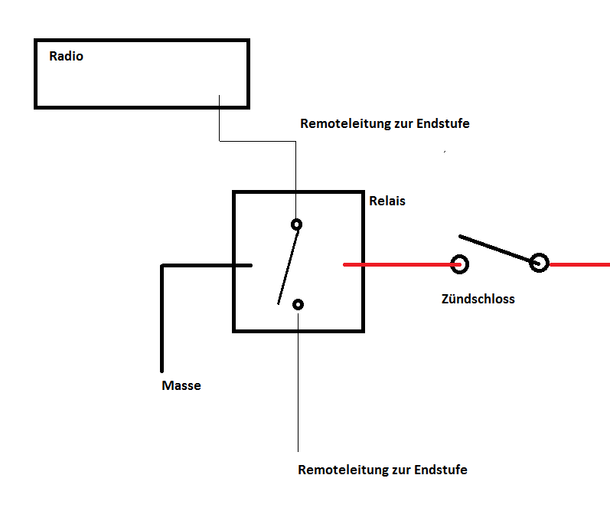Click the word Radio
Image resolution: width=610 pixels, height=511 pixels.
coord(67,56)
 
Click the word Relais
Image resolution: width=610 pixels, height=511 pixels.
coord(387,201)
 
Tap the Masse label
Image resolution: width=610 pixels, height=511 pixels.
coord(181,385)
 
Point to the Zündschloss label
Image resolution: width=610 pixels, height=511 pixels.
coord(478,299)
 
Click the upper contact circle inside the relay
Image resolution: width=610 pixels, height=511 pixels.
coord(296,224)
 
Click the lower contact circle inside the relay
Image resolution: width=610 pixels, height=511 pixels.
coord(298,304)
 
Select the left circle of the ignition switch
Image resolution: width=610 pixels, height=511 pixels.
coord(459,264)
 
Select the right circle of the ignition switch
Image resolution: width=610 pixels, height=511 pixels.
coord(540,264)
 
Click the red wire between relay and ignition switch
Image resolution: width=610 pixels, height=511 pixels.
coord(398,265)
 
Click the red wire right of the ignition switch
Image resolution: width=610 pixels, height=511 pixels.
coord(580,264)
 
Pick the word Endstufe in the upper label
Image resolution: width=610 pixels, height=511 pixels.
coord(443,123)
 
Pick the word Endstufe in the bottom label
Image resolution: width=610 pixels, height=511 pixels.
coord(441,470)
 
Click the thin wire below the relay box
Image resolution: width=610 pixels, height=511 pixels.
coord(298,383)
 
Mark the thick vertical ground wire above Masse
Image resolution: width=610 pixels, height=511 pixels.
coord(162,322)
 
